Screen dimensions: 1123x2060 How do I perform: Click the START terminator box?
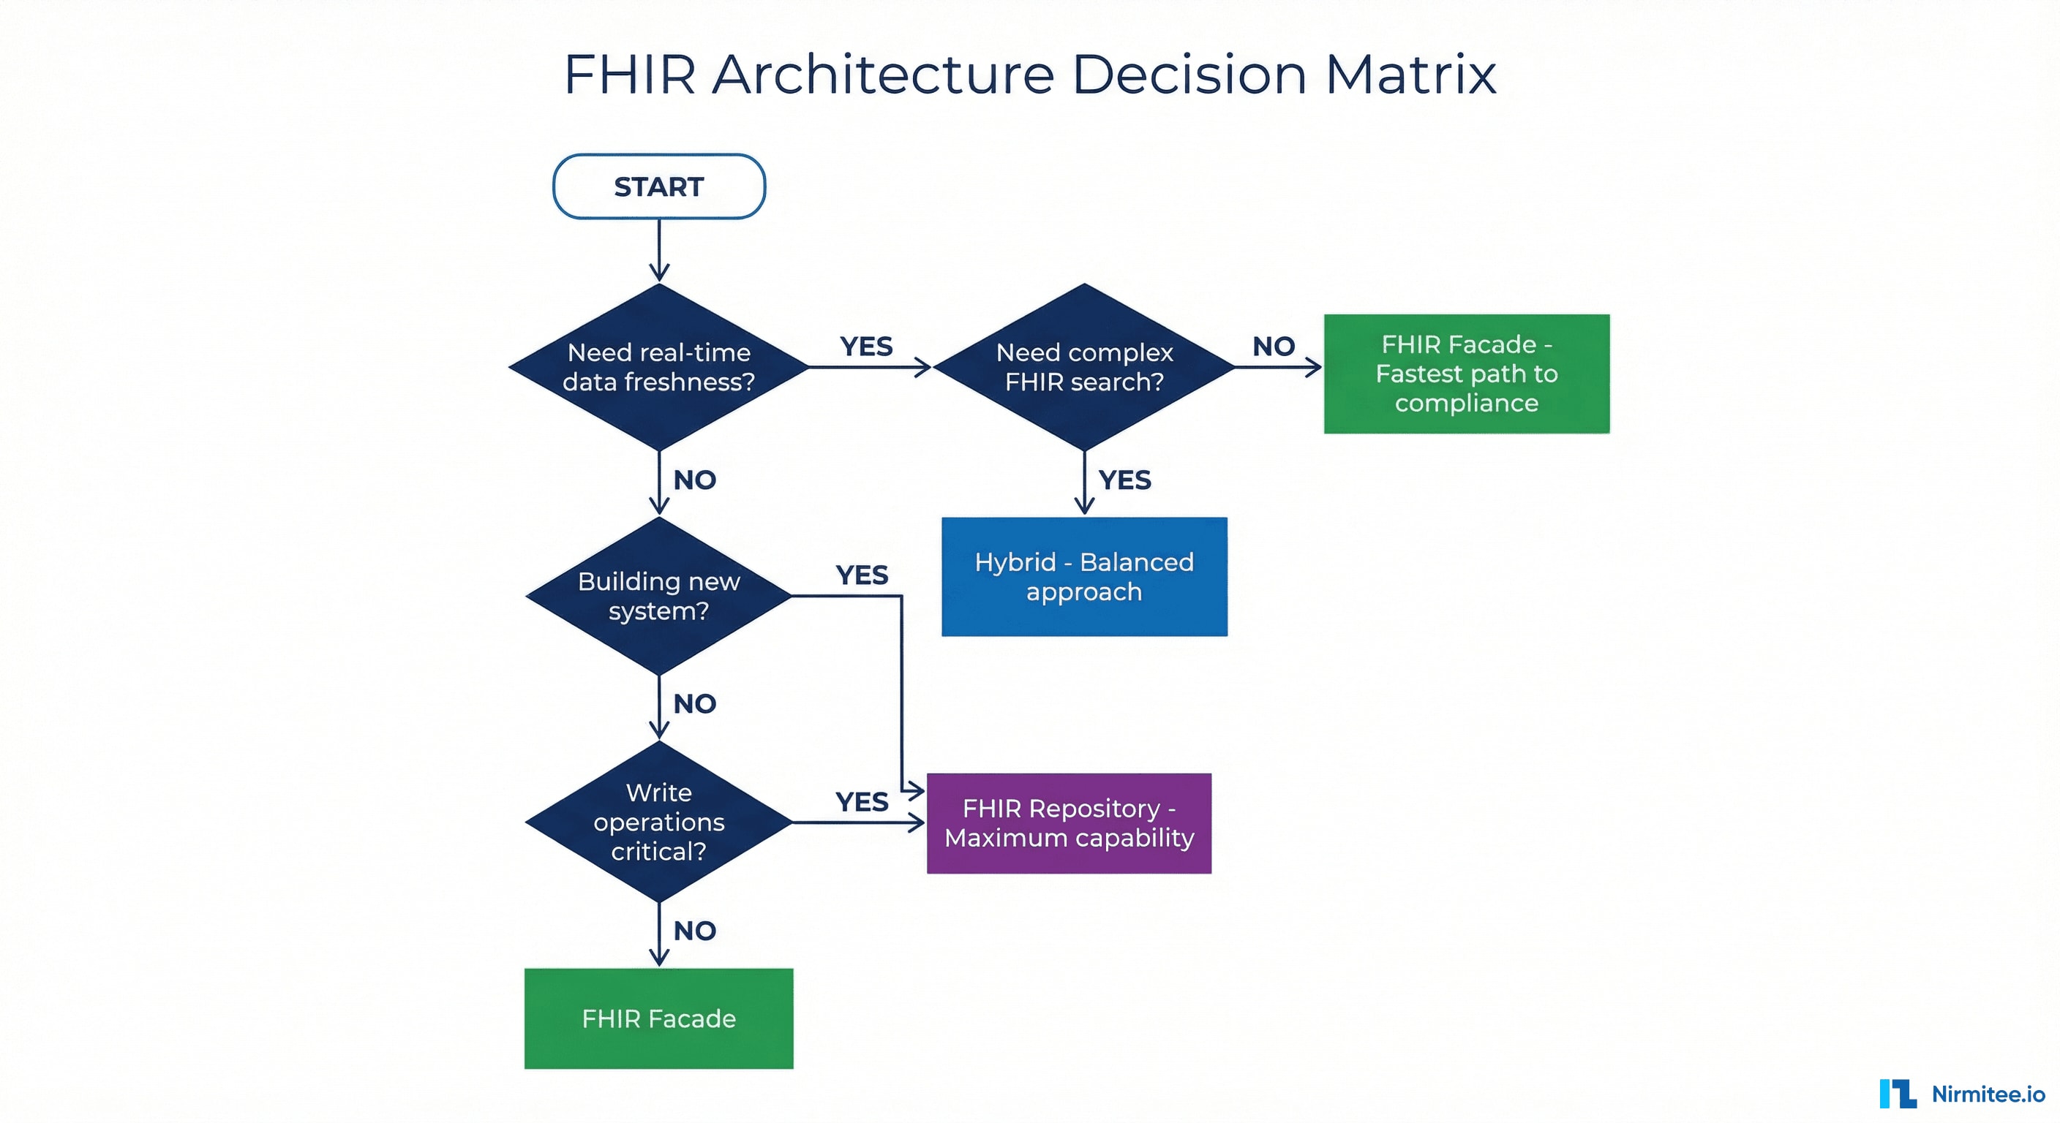(659, 186)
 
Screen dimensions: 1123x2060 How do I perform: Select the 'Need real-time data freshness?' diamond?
(659, 367)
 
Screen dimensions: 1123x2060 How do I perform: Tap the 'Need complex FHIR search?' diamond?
(1083, 367)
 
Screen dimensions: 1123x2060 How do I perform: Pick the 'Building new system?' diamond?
(659, 595)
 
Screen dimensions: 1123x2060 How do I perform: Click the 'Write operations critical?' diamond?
(659, 822)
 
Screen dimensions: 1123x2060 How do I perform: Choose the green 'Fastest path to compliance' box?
(1466, 374)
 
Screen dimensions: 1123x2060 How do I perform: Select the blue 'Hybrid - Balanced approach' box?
(1083, 576)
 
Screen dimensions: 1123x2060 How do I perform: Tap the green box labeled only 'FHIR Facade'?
(658, 1018)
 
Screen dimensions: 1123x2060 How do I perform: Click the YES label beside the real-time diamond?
(866, 347)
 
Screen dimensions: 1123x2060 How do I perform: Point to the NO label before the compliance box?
(1273, 347)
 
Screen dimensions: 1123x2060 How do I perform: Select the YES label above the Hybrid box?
(1124, 480)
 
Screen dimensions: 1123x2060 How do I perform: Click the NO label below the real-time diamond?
(694, 480)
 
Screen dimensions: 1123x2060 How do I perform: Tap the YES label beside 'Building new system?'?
(861, 575)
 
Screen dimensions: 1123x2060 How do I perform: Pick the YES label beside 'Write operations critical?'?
(861, 802)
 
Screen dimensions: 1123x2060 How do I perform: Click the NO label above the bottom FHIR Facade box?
(694, 931)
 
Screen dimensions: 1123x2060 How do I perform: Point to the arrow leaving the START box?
(659, 249)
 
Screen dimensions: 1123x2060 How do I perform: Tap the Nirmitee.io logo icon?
(1897, 1094)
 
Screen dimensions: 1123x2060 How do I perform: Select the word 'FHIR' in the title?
(629, 75)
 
